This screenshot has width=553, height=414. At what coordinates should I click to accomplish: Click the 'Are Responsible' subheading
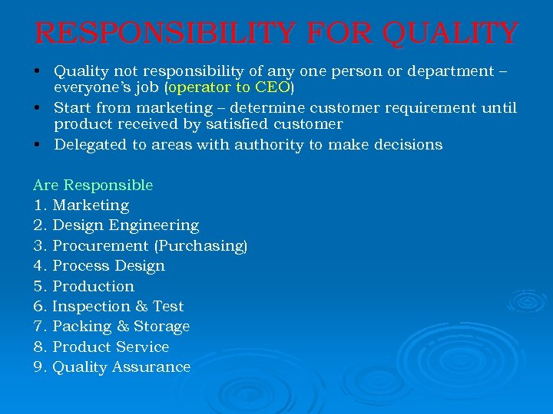(x=93, y=185)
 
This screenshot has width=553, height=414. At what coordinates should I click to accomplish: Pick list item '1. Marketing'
(x=81, y=205)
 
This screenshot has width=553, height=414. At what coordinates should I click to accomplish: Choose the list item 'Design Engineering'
(x=116, y=225)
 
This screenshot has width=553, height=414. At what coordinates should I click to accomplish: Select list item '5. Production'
(x=84, y=286)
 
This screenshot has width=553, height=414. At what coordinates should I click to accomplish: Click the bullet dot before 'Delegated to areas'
(x=37, y=144)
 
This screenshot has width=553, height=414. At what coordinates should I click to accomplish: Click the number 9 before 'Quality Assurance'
(x=38, y=367)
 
